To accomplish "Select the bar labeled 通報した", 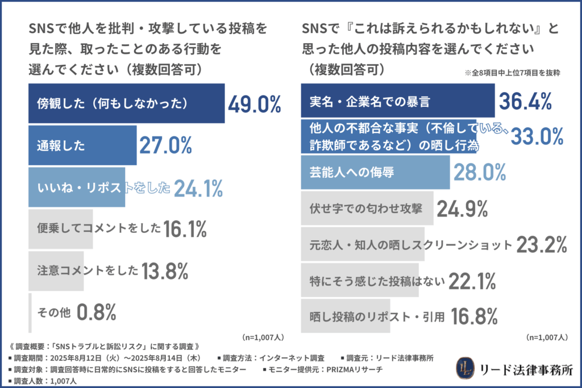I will (82, 145).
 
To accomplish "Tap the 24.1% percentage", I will (198, 189).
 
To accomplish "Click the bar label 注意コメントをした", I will (88, 270).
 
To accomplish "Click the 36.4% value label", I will (526, 102).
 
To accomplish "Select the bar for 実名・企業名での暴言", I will (398, 102).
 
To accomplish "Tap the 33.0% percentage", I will (537, 136).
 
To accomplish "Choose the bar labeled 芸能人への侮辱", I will (375, 170).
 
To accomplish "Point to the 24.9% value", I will (462, 209).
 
